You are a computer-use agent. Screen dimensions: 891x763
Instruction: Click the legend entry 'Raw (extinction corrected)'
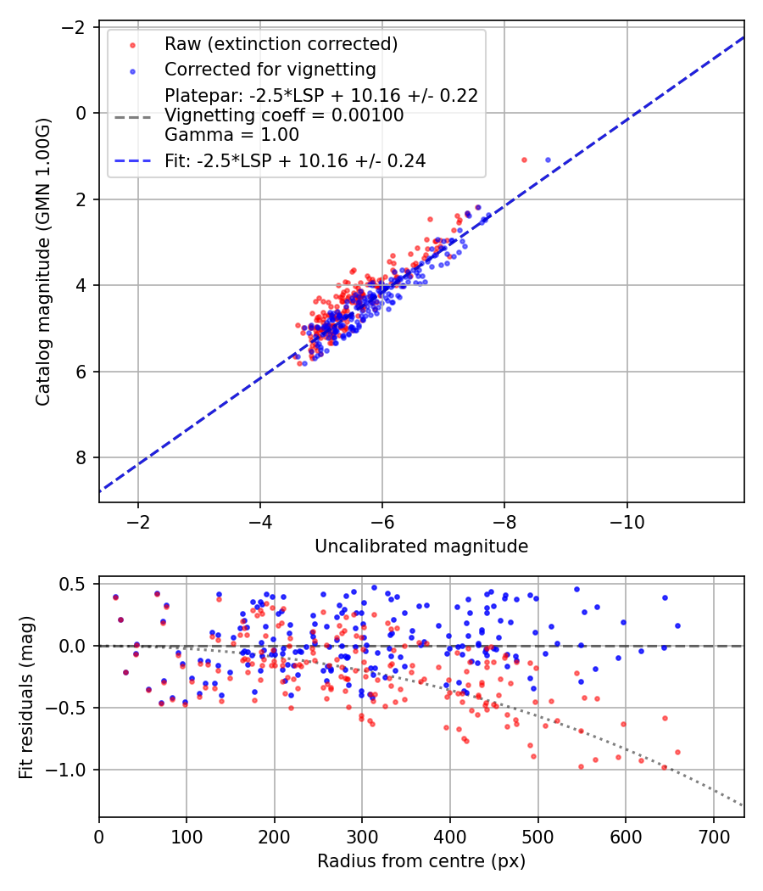click(281, 44)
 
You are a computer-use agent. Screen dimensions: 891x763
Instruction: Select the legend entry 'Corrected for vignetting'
click(270, 69)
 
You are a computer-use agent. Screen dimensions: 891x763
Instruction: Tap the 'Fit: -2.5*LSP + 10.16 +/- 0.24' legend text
click(295, 160)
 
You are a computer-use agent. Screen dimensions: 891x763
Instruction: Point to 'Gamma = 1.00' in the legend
click(231, 135)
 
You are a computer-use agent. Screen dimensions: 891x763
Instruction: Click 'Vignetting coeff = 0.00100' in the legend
click(284, 115)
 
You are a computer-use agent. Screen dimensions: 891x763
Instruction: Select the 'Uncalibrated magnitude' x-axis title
click(421, 546)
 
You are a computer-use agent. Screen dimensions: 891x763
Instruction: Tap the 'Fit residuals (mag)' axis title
click(26, 697)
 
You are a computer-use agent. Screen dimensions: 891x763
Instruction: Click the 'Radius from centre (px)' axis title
click(421, 861)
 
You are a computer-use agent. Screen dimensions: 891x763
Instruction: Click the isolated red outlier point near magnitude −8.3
click(524, 160)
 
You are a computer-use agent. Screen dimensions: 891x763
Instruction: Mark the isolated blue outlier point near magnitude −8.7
click(548, 160)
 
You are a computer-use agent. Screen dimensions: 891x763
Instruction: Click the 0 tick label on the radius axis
click(99, 837)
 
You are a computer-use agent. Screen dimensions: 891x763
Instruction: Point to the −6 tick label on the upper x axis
click(381, 521)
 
